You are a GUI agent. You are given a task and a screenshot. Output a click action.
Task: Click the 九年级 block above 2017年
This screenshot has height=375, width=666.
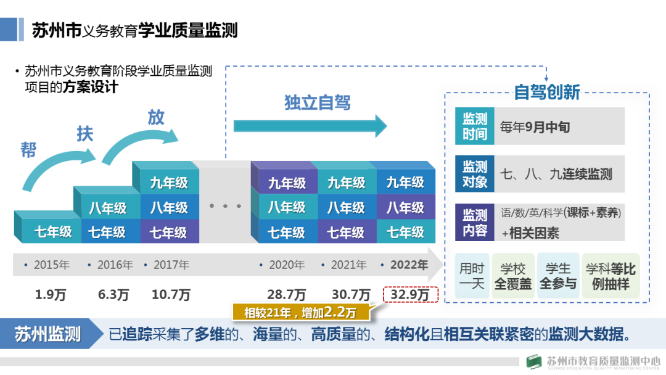(168, 183)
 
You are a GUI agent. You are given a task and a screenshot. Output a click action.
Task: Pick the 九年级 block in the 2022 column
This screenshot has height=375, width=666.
(405, 183)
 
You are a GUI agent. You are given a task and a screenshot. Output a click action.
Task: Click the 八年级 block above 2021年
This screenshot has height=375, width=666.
(346, 207)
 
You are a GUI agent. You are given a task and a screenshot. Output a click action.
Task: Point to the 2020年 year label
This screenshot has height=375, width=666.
(287, 265)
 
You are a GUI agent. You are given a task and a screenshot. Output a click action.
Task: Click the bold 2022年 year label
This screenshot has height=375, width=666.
(409, 265)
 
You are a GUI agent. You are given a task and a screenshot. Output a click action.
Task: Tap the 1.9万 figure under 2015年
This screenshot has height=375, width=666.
(51, 295)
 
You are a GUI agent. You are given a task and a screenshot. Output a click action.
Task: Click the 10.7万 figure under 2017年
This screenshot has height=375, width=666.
(171, 295)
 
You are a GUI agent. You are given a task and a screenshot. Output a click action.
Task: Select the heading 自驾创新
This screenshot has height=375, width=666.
(547, 93)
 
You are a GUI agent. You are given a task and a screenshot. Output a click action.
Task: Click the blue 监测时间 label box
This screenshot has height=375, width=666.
(475, 126)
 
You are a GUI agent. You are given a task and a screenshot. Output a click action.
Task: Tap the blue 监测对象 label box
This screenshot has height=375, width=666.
(475, 174)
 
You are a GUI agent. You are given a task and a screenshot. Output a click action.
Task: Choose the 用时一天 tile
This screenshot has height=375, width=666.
(472, 276)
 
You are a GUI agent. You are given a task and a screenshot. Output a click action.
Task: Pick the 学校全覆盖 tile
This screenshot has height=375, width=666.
(513, 276)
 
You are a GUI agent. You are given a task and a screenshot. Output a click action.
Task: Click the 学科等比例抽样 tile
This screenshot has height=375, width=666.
(610, 276)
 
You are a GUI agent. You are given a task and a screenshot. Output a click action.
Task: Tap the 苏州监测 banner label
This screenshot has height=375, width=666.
(48, 334)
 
